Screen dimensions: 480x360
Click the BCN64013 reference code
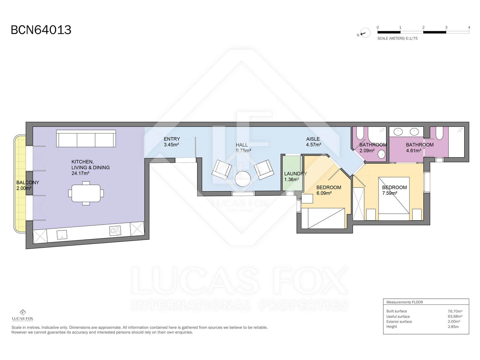(41, 30)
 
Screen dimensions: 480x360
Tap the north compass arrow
(363, 34)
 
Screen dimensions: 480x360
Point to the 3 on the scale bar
(446, 27)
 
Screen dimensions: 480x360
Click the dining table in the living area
(86, 193)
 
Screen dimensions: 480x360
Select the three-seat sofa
(86, 139)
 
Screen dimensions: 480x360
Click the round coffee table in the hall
(243, 179)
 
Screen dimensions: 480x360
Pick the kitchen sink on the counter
(62, 235)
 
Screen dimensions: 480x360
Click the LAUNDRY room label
(295, 174)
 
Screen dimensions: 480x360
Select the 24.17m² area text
(80, 173)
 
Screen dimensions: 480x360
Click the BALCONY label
(28, 182)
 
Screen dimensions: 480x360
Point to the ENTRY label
(172, 139)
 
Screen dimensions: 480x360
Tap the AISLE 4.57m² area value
(313, 145)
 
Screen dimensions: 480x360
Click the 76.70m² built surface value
(455, 311)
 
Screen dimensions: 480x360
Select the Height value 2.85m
(453, 327)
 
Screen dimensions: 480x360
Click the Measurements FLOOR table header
(405, 302)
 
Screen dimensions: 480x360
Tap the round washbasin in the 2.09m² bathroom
(382, 154)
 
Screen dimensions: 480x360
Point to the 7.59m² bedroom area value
(389, 193)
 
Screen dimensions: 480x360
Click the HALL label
(241, 145)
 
